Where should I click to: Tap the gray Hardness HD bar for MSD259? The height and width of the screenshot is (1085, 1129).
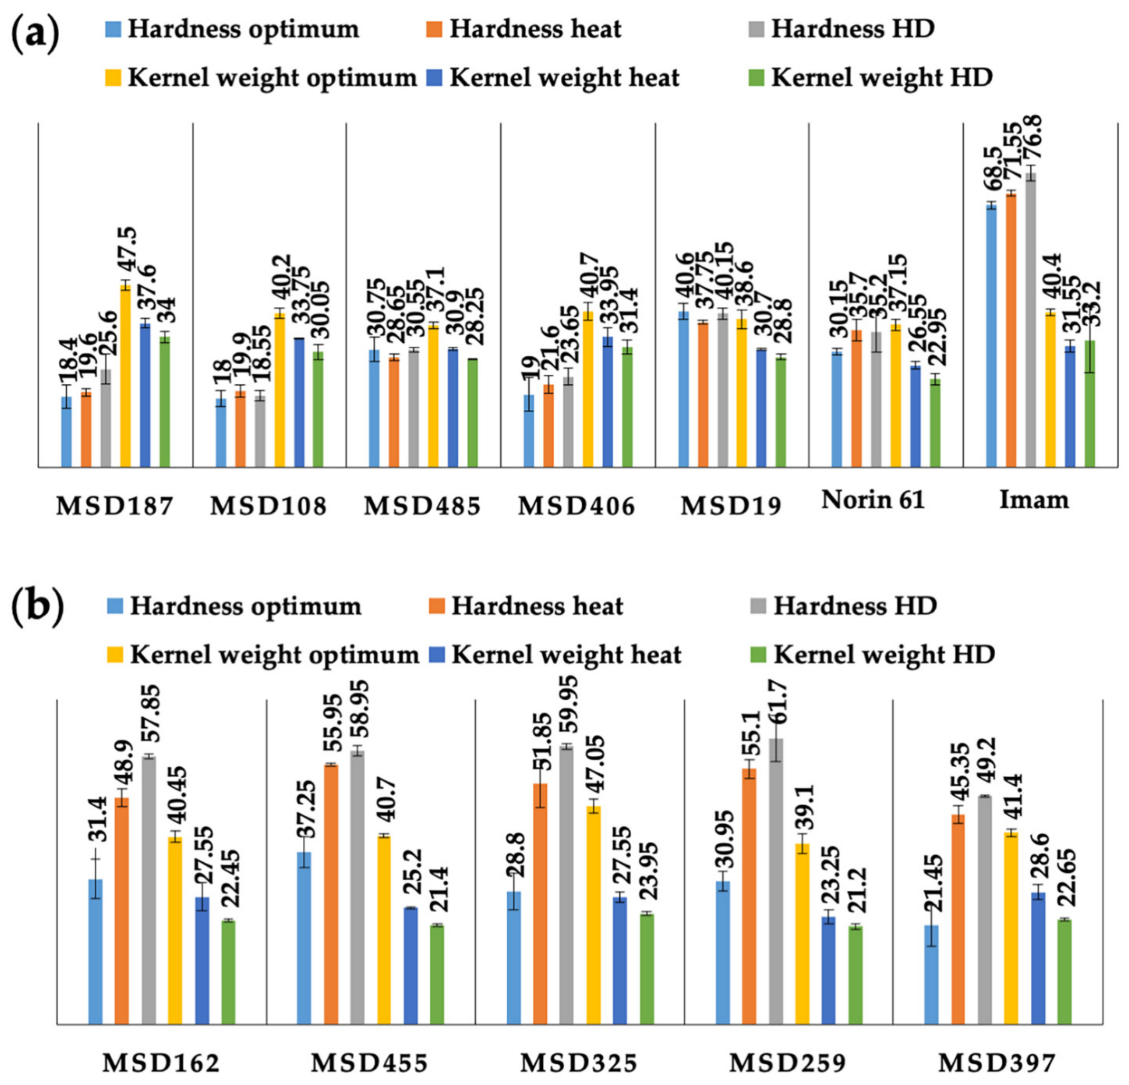(777, 881)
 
